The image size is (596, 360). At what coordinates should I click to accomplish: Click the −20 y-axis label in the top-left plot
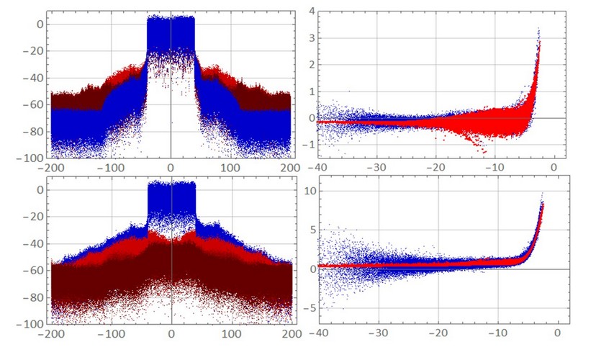32,51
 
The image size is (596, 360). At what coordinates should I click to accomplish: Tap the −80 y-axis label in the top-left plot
32,132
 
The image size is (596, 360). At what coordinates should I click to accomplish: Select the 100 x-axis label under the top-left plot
230,168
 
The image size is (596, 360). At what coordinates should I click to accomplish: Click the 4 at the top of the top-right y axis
312,11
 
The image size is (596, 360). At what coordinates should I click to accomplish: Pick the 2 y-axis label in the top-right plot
312,65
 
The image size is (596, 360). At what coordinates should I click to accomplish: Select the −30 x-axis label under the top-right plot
376,168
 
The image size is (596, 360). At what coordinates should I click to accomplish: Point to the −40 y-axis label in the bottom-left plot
33,243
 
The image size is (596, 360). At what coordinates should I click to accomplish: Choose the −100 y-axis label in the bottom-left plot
30,324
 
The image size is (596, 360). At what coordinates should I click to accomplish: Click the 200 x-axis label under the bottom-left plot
292,334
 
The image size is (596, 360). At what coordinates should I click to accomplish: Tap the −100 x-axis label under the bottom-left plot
112,334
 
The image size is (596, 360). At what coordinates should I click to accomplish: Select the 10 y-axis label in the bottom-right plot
310,191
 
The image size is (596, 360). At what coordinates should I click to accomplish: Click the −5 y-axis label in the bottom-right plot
310,308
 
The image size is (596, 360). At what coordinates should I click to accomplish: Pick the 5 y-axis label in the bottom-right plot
313,230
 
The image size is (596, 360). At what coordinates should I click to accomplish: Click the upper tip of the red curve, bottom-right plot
543,204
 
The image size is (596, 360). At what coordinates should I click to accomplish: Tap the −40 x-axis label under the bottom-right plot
319,333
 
